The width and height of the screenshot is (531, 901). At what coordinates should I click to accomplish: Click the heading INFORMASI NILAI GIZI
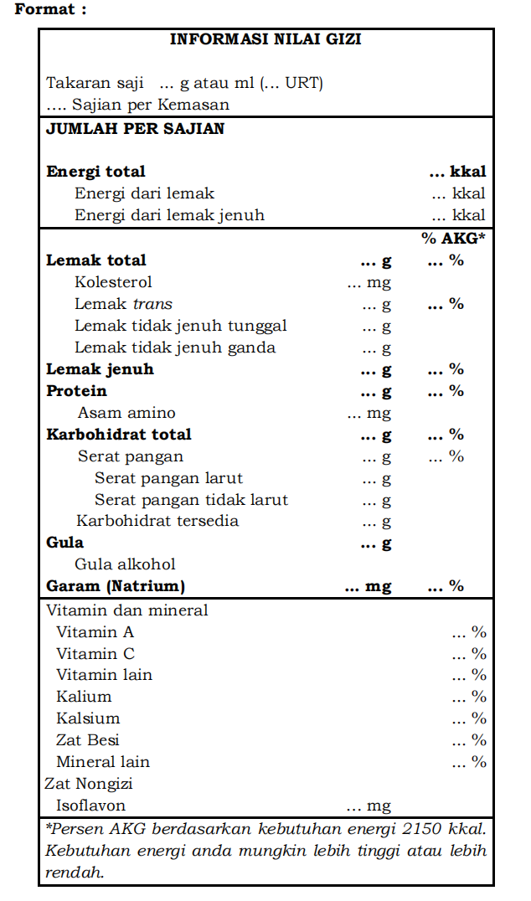coord(265,39)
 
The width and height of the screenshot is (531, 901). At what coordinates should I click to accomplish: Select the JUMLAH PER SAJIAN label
coord(135,129)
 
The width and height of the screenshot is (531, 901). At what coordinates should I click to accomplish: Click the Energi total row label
coord(95,172)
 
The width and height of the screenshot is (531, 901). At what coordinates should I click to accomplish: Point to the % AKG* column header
coord(453,239)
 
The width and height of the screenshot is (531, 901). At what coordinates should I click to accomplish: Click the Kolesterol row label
coord(113,282)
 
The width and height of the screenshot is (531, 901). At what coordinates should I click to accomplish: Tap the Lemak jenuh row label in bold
coord(100,369)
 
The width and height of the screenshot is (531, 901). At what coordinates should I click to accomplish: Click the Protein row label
coord(76,391)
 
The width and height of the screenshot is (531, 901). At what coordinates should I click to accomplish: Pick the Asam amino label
coord(126,413)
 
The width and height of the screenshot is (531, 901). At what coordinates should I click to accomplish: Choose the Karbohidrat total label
coord(118,435)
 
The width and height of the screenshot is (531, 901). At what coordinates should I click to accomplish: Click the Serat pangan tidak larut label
coord(191,500)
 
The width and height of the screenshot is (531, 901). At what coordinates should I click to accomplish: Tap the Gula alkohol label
coord(125,564)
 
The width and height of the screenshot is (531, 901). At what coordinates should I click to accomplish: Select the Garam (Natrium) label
coord(116,586)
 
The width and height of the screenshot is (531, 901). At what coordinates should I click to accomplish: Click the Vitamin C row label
coord(95,654)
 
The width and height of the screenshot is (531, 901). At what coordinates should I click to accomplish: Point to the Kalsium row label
coord(88,718)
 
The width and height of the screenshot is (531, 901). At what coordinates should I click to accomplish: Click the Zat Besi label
coord(88,740)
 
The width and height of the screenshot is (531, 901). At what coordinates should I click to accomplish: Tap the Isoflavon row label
coord(90,806)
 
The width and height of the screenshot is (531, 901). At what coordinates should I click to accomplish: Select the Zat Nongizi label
coord(89,784)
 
